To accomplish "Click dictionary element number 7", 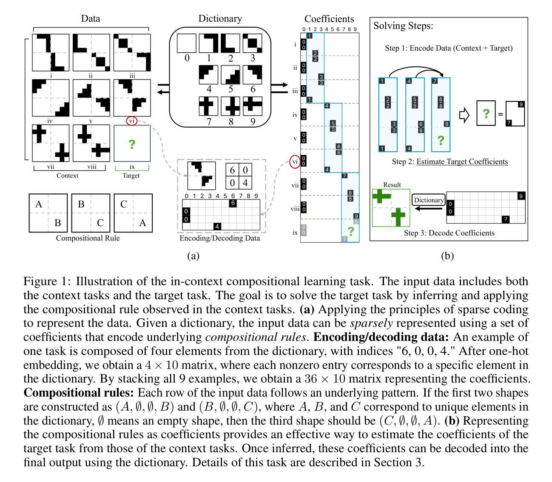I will pyautogui.click(x=208, y=106).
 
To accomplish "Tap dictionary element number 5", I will pyautogui.click(x=230, y=75).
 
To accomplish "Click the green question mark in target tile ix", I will pyautogui.click(x=132, y=144).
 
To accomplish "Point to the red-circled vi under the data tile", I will pyautogui.click(x=132, y=121).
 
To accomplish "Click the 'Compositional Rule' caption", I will pyautogui.click(x=88, y=238).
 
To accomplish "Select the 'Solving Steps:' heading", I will pyautogui.click(x=403, y=26).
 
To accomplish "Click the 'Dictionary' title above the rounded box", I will pyautogui.click(x=220, y=19).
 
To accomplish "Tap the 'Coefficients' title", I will pyautogui.click(x=329, y=19).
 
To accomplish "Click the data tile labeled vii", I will pyautogui.click(x=50, y=143).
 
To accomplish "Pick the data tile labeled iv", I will pyautogui.click(x=50, y=98).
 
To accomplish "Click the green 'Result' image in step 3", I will pyautogui.click(x=391, y=208).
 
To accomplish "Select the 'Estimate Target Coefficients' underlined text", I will pyautogui.click(x=462, y=162).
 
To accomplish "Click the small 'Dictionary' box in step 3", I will pyautogui.click(x=429, y=200).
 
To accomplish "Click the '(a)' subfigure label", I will pyautogui.click(x=193, y=255).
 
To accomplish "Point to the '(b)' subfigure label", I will pyautogui.click(x=447, y=255).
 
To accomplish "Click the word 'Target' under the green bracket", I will pyautogui.click(x=131, y=176).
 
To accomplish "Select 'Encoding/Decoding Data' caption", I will pyautogui.click(x=219, y=238).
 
